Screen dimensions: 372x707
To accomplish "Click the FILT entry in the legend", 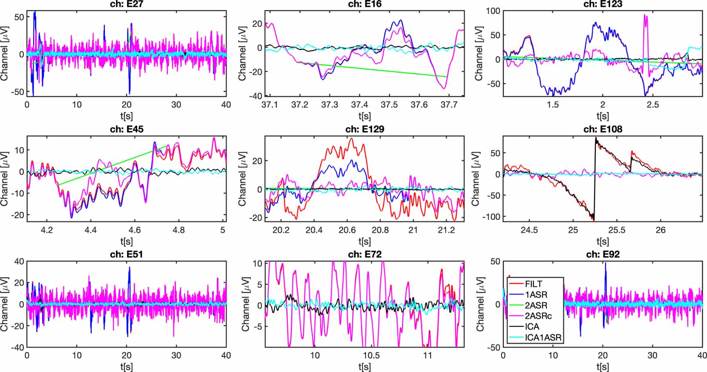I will click(534, 284).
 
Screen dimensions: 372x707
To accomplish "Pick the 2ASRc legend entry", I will click(538, 316).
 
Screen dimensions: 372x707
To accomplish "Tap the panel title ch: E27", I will click(126, 4).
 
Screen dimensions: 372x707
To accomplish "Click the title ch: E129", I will click(365, 129).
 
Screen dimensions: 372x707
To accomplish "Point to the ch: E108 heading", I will click(602, 129).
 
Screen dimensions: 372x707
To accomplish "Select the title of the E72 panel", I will click(365, 254).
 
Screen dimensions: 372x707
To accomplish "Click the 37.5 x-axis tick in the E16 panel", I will click(389, 105).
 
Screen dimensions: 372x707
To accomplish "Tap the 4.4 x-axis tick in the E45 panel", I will click(91, 230).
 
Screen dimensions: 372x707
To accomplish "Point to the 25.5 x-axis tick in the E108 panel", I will click(617, 230).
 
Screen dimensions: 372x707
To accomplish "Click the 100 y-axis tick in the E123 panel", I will click(493, 11).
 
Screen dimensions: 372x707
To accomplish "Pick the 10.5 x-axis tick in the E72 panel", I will click(371, 355).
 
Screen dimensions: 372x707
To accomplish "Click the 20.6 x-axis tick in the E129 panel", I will click(347, 230).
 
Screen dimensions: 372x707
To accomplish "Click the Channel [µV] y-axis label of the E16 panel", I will click(242, 54).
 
